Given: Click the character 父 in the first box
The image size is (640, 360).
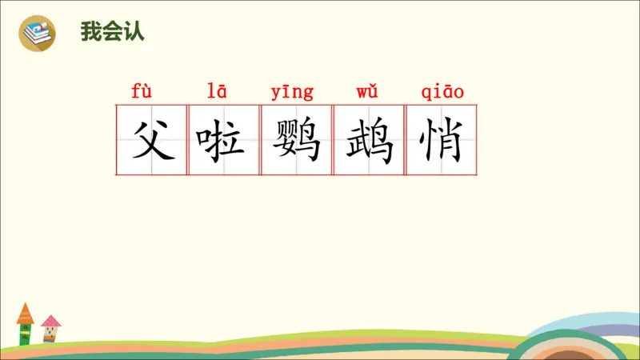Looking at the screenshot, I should click(x=152, y=140).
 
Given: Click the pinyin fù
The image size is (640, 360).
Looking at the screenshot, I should click(x=142, y=91).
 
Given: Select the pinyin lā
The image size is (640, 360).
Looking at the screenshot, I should click(x=217, y=91).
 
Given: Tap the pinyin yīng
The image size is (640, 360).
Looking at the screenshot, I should click(x=292, y=92).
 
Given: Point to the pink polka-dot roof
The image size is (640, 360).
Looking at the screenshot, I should click(x=50, y=322).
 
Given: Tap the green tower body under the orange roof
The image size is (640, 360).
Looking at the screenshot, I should click(x=26, y=333).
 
